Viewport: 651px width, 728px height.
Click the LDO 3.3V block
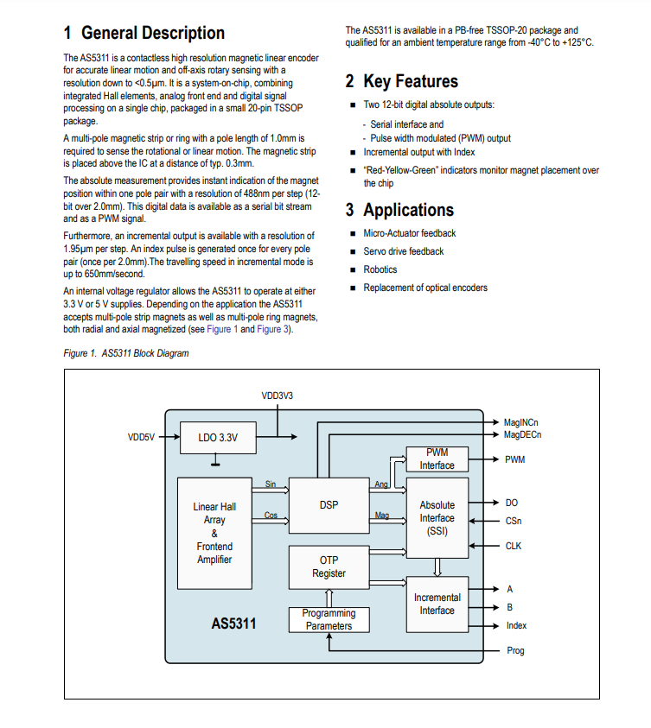218,437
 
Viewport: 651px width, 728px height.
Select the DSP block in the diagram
329,505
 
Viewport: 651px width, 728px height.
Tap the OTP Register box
329,567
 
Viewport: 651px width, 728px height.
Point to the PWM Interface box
437,459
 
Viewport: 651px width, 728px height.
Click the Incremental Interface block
437,604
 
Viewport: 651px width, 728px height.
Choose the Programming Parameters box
329,619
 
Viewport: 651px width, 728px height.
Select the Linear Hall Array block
214,533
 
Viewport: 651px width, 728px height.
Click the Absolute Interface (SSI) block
437,517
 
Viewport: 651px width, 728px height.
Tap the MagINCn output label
521,422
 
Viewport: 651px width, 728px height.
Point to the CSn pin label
514,521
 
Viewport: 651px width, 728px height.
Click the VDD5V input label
141,437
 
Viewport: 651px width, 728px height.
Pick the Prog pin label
515,651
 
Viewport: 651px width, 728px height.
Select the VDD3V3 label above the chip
278,396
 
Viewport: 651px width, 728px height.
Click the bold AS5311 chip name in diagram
233,623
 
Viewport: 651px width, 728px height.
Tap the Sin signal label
271,484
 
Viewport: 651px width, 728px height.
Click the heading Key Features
411,81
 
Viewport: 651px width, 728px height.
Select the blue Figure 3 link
273,329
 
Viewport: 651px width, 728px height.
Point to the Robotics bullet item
380,269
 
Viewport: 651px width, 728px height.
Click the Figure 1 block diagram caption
126,353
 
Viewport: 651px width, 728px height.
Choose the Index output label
516,626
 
